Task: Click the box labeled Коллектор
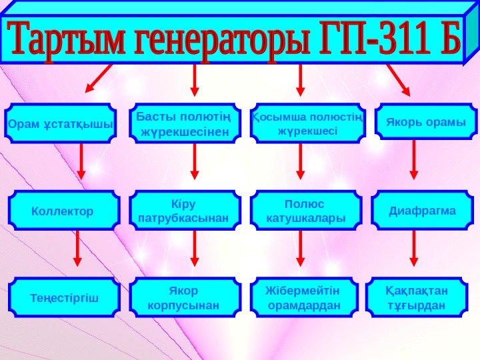point(63,211)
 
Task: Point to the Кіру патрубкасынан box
point(185,211)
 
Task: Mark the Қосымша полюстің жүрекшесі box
point(307,123)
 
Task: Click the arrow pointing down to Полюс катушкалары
point(300,162)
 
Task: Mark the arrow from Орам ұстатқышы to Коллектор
point(81,162)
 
